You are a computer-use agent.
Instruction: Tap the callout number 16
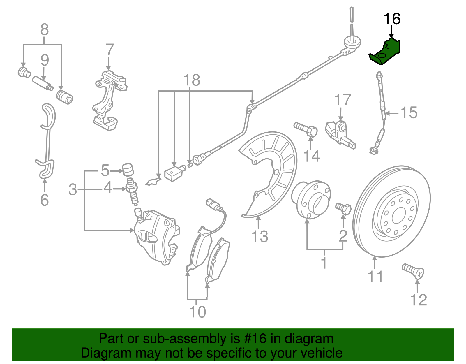tap(392, 19)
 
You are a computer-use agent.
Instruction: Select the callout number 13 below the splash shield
tap(260, 236)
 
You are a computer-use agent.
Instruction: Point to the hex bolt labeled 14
tap(306, 129)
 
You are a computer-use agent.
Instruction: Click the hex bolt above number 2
tap(344, 208)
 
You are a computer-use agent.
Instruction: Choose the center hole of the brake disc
tap(398, 217)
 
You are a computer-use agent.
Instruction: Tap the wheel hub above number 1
tap(311, 200)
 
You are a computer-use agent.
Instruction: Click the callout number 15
tap(409, 112)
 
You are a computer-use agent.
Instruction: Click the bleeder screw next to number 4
tap(132, 192)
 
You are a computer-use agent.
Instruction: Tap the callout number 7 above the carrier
tap(110, 50)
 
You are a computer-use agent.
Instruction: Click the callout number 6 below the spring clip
tap(44, 200)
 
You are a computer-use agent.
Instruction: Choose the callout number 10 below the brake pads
tap(198, 312)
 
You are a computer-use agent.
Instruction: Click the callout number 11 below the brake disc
tap(375, 276)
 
